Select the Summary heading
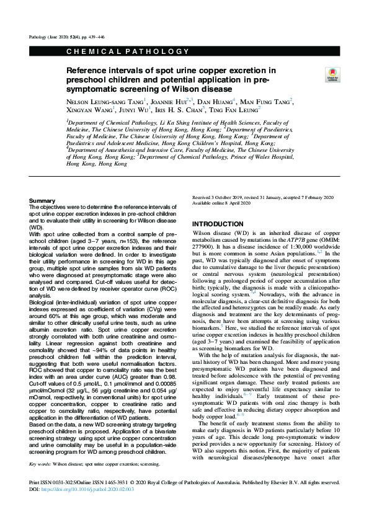click(x=42, y=201)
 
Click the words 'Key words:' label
click(x=43, y=480)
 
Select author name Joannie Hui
click(x=169, y=101)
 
